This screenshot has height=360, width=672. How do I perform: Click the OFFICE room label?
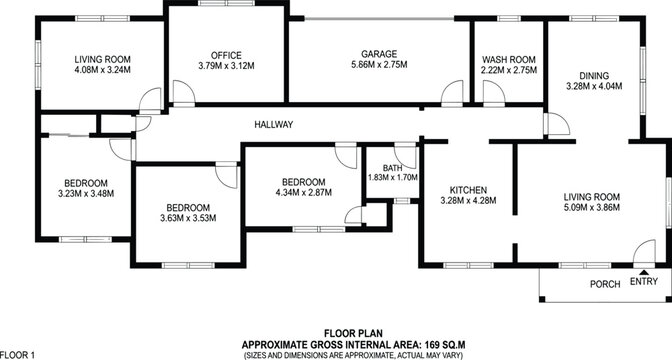tap(213, 55)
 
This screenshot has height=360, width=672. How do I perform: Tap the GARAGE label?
tap(380, 55)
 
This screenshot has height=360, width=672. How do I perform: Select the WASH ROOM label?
tap(509, 60)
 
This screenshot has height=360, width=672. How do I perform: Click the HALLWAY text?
tap(273, 124)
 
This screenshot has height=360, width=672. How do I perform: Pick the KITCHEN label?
tap(468, 189)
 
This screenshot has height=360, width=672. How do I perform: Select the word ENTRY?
tap(645, 283)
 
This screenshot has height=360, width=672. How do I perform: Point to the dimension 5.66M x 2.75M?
tap(380, 67)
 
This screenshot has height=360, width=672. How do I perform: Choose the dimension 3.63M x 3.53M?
tap(188, 217)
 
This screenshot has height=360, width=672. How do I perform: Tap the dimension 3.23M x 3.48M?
tap(86, 194)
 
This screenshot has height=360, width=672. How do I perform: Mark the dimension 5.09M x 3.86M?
tap(593, 208)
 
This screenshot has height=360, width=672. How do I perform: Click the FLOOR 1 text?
tap(18, 354)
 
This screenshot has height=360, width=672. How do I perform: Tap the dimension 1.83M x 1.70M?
tap(391, 177)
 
